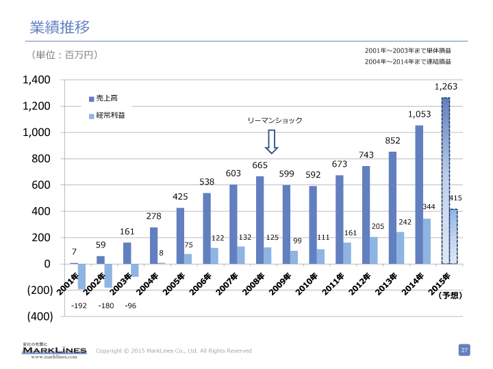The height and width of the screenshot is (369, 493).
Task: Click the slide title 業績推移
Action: pos(60,27)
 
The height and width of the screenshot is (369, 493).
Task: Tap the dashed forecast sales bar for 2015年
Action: pos(445,180)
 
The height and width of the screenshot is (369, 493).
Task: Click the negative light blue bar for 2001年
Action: pos(81,276)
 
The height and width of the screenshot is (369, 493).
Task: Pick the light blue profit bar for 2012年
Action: pos(373,250)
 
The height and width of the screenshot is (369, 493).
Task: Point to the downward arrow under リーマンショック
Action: pos(271,141)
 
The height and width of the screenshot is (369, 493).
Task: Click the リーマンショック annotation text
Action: pos(275,120)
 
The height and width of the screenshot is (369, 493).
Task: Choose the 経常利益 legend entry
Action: pos(109,115)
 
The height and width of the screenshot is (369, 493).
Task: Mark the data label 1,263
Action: pos(446,87)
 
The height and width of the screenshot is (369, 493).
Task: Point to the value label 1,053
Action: pos(419,114)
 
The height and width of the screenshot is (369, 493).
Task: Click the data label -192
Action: pos(78,306)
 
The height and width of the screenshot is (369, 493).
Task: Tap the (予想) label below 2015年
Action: pos(451,296)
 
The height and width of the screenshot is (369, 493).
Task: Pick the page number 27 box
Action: pos(464,350)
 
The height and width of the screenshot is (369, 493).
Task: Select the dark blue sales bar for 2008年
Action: pos(260,220)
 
